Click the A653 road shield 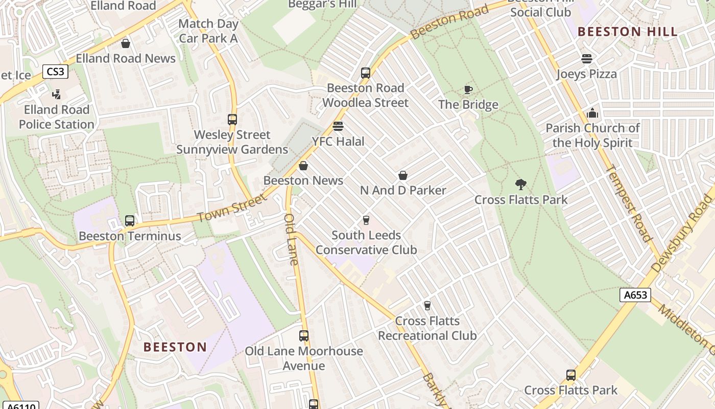point(635,295)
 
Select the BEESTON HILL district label point(628,32)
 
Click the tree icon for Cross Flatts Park point(521,185)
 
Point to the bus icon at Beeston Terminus point(130,221)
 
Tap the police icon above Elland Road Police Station point(57,95)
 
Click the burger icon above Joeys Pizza point(586,59)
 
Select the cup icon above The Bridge point(468,90)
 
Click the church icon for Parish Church point(592,113)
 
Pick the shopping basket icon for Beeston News point(303,166)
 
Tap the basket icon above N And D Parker point(403,175)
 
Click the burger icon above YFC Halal point(338,126)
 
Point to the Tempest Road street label point(629,203)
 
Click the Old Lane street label point(291,239)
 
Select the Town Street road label point(232,208)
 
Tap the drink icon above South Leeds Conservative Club point(366,220)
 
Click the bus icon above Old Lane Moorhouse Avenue point(304,336)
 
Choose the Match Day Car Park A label point(208,31)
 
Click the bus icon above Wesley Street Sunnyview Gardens point(232,120)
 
